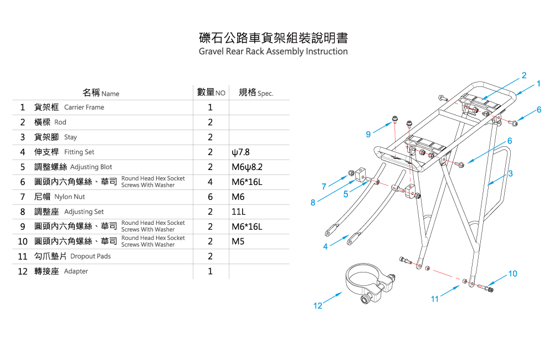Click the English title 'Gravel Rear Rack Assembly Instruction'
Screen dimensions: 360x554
(x=273, y=52)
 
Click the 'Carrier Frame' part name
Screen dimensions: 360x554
(x=84, y=107)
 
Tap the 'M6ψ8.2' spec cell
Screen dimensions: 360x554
(x=247, y=167)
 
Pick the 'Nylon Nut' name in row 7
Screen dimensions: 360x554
(x=69, y=197)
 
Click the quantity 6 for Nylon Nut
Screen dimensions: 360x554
(x=211, y=197)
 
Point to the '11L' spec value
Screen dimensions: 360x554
(x=238, y=212)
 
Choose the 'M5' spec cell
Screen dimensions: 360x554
(x=238, y=242)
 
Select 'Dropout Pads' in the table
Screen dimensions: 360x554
(x=90, y=256)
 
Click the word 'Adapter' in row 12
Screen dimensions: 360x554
(x=76, y=271)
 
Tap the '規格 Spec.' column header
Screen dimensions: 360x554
(x=255, y=92)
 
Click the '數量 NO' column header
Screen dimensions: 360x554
(x=211, y=92)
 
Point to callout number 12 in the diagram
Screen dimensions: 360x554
(x=317, y=306)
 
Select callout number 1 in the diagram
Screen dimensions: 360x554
(x=538, y=84)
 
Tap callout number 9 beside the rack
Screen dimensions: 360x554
(x=368, y=134)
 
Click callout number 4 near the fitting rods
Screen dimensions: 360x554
(x=326, y=246)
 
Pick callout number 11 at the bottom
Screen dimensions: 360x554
(x=435, y=299)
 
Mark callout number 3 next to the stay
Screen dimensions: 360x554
(x=510, y=173)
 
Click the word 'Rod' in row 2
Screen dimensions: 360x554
(x=60, y=122)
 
